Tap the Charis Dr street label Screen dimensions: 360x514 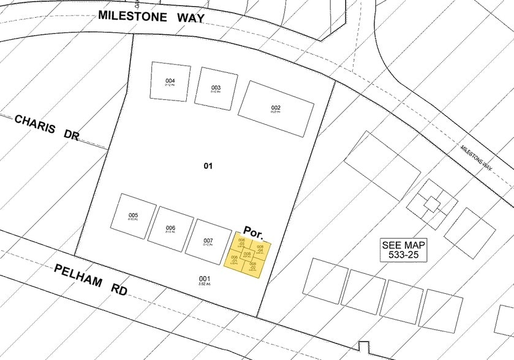(x=47, y=127)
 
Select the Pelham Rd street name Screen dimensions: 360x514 (x=90, y=279)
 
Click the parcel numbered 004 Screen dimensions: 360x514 (x=170, y=81)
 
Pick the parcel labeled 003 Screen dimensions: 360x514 (x=216, y=88)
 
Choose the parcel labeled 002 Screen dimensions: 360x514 (x=276, y=109)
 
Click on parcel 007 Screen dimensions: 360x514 (x=208, y=241)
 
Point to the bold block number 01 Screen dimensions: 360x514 (x=208, y=166)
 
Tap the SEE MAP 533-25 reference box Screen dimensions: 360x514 (x=404, y=249)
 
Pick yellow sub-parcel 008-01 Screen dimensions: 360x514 (x=234, y=259)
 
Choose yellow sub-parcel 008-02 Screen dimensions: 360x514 (x=252, y=266)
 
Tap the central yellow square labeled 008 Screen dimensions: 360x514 (x=247, y=253)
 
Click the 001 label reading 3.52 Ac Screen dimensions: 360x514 (x=204, y=280)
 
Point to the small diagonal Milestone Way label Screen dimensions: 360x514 (x=477, y=157)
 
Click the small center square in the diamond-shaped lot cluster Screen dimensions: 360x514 (x=432, y=204)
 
